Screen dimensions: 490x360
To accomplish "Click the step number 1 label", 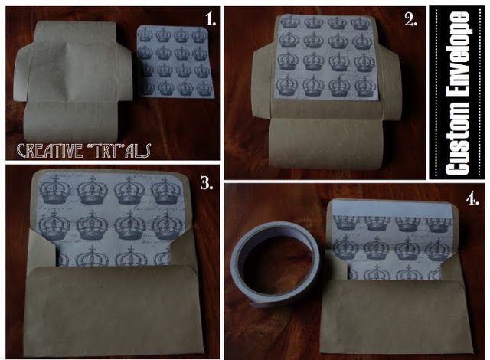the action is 211,19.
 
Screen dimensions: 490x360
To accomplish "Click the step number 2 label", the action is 411,20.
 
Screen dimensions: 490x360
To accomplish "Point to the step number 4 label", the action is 472,198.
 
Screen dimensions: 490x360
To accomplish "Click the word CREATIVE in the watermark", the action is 50,151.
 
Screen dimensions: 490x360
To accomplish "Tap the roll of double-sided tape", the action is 276,264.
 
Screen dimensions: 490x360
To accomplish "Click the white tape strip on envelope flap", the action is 392,208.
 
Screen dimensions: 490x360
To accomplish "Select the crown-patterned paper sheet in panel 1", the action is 175,62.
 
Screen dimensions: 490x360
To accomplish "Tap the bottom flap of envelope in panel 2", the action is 326,144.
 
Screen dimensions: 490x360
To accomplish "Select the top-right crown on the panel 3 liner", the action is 165,190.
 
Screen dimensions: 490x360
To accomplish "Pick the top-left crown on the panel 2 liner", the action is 290,22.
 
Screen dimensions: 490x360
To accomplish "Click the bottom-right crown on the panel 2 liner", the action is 365,86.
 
